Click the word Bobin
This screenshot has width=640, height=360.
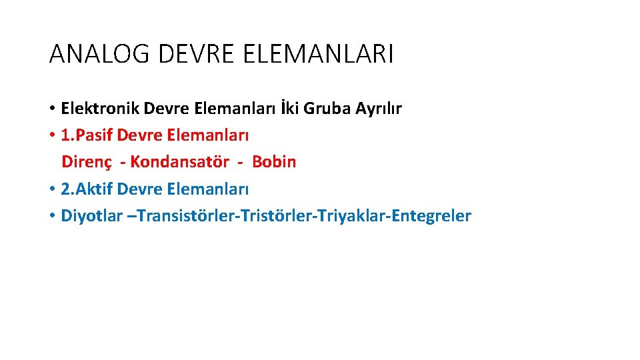[274, 162]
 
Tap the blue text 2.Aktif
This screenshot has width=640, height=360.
[87, 189]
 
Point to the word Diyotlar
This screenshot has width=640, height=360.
[91, 216]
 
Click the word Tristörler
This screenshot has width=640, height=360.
[262, 216]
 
